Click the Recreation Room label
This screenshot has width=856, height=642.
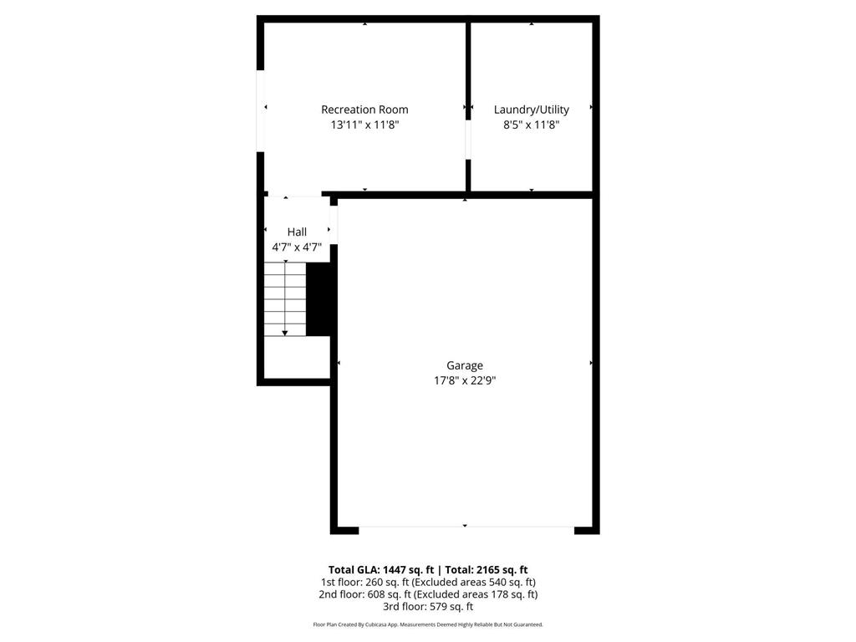point(364,110)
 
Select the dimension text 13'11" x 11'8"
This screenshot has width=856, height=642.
point(364,125)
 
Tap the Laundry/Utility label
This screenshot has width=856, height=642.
point(531,110)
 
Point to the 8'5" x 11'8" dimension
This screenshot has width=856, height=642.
point(531,125)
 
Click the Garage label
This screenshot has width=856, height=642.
point(464,365)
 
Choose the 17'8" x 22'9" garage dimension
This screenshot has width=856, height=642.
point(464,380)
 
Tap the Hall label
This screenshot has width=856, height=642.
point(297,232)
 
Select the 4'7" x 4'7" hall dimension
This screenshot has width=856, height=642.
point(297,247)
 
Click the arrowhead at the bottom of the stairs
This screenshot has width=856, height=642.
point(285,334)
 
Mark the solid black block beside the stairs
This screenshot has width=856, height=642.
point(318,299)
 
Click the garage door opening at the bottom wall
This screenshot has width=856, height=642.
point(466,527)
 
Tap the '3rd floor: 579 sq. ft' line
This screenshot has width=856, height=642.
point(427,607)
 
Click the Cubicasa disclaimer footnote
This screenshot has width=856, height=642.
point(427,624)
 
